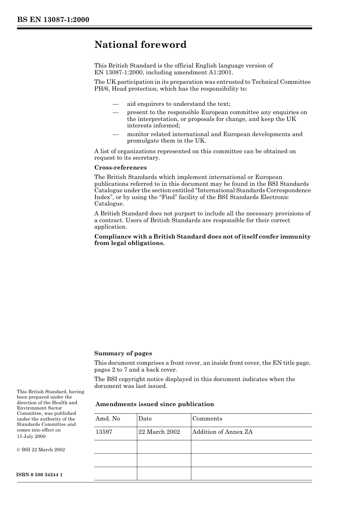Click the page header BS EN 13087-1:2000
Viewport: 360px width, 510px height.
point(53,20)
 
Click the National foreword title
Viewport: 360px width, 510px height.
point(140,45)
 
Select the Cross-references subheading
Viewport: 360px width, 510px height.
point(121,168)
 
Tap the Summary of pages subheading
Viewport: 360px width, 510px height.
point(123,353)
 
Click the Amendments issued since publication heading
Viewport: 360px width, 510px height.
point(155,404)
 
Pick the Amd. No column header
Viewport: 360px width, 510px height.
point(108,419)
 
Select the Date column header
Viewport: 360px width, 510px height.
point(145,419)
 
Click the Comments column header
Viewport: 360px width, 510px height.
point(207,419)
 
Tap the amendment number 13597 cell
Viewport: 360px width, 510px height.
point(104,432)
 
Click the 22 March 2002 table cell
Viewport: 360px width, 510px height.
point(159,432)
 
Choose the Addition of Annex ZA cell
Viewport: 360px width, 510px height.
point(222,432)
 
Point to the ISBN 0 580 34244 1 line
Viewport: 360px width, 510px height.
point(40,475)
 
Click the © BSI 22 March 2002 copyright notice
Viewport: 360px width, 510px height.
point(41,450)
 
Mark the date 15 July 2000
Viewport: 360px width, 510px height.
point(31,436)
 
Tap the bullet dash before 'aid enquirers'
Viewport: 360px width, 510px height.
point(116,104)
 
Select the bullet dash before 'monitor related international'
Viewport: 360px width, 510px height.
point(116,134)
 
